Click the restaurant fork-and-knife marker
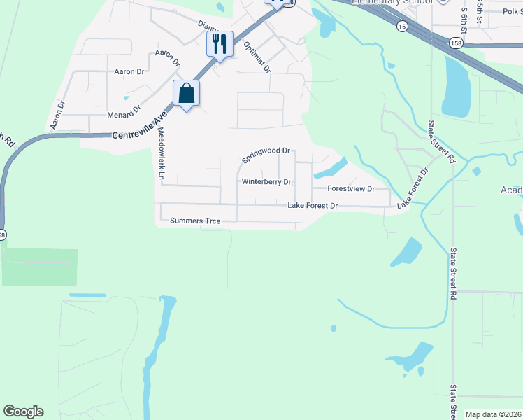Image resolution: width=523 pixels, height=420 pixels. click(220, 45)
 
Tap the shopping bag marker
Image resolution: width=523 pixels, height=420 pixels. click(187, 94)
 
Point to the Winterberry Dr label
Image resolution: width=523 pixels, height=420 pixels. click(266, 182)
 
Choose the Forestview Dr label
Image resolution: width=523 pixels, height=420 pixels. click(351, 189)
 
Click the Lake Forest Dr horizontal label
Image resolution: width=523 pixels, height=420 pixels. click(313, 206)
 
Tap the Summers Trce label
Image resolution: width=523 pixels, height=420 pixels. click(195, 221)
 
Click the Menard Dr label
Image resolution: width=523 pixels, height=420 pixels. click(124, 112)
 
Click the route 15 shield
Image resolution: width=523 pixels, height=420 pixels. click(401, 26)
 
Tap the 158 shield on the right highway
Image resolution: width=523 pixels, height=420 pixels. click(456, 43)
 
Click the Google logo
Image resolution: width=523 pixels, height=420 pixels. click(23, 412)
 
